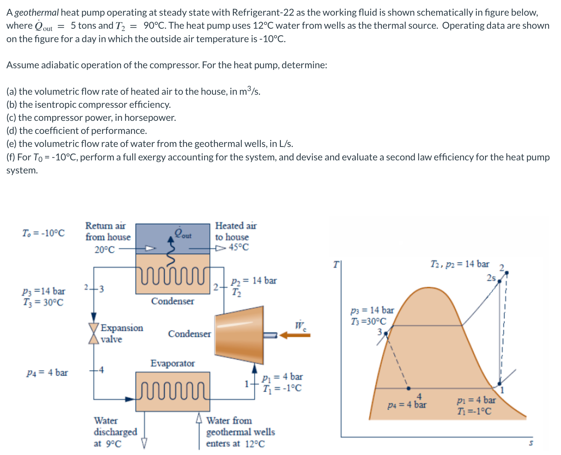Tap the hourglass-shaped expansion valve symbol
click(x=94, y=333)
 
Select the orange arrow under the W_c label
click(x=295, y=335)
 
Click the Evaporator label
click(x=172, y=363)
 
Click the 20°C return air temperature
click(x=105, y=250)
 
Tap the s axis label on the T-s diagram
click(x=531, y=443)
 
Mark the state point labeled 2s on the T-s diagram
click(x=500, y=282)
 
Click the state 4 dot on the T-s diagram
click(x=409, y=388)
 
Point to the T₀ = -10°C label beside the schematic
click(x=43, y=233)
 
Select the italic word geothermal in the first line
click(x=37, y=13)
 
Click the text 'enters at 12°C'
click(x=235, y=444)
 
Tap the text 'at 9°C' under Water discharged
click(x=107, y=444)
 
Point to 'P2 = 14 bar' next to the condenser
click(x=254, y=280)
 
